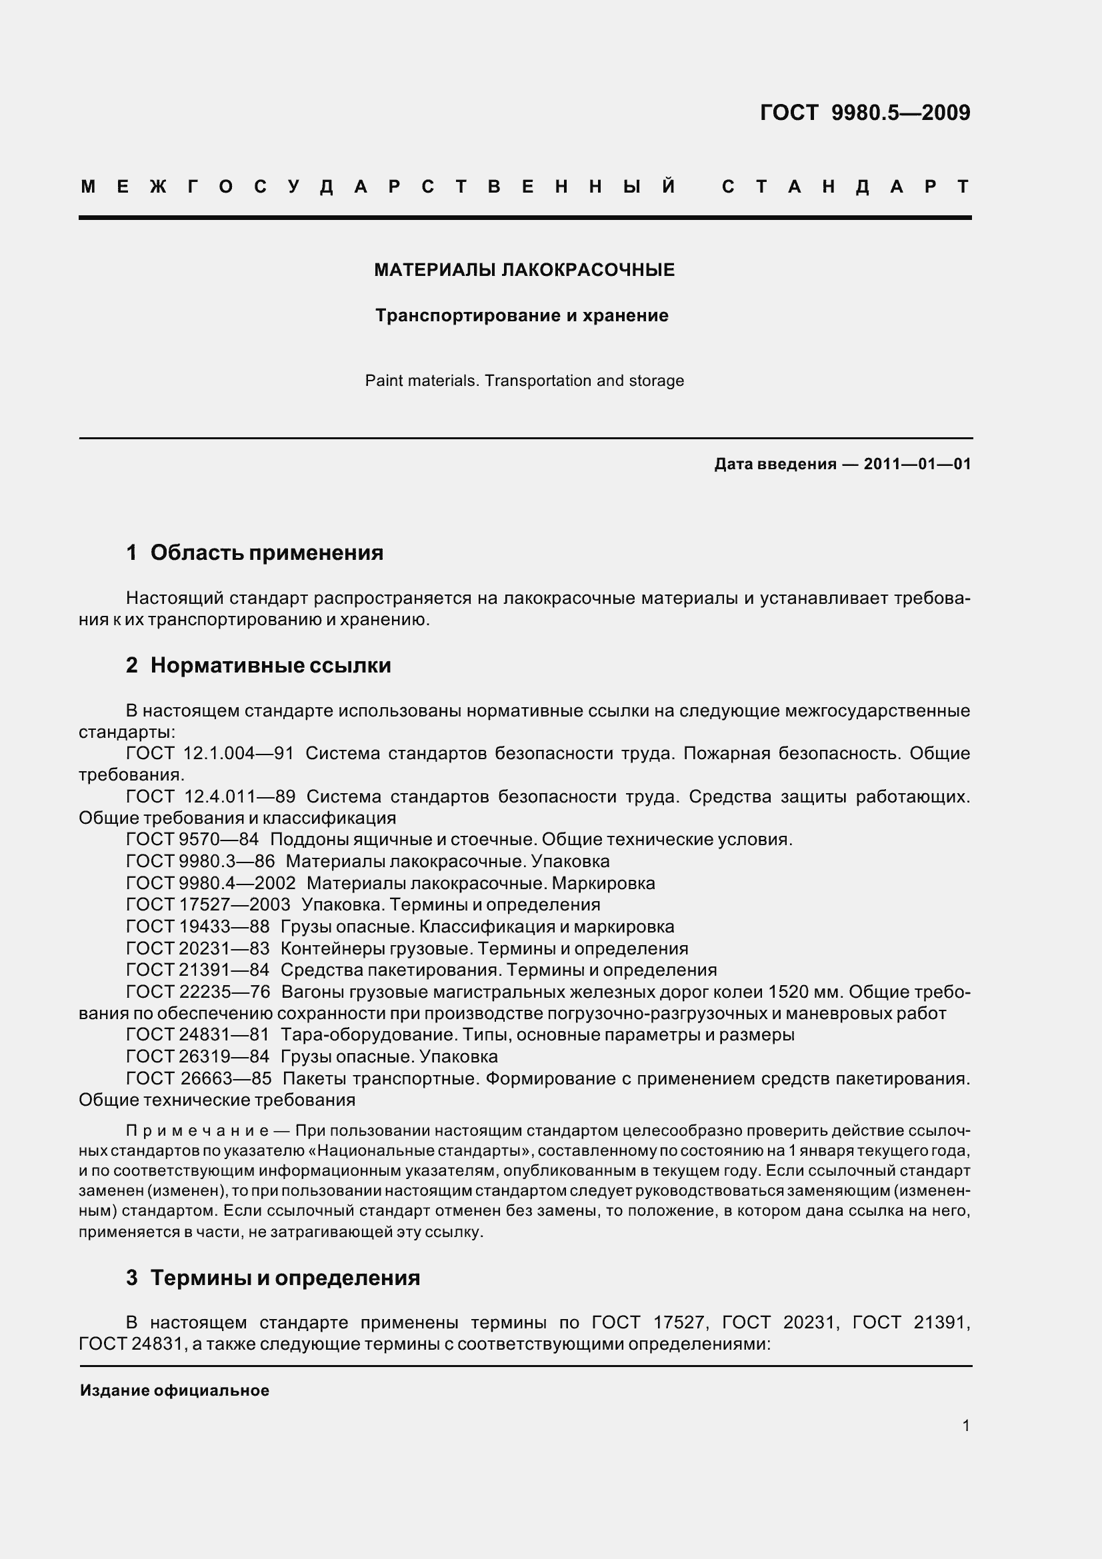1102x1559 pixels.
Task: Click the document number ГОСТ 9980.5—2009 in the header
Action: pos(865,113)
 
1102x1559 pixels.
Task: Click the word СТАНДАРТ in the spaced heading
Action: pos(845,187)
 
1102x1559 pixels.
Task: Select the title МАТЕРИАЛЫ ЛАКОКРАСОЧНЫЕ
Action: pos(524,270)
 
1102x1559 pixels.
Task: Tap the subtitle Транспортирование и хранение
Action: pos(522,316)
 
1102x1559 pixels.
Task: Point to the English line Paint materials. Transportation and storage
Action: pos(524,381)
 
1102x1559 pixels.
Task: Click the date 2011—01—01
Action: pos(917,465)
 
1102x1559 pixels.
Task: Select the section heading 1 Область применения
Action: pos(255,553)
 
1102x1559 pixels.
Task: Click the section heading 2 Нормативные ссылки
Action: pos(258,665)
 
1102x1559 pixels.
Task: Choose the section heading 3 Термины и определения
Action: pos(273,1278)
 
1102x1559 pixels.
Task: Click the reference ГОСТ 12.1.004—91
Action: pos(210,754)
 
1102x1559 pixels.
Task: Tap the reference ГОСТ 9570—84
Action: pos(192,840)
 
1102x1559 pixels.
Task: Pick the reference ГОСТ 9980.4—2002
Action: pos(211,883)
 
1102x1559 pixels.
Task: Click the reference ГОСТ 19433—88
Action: pos(197,927)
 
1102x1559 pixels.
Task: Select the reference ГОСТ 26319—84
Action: pos(197,1056)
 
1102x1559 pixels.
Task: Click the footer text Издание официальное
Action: pos(175,1390)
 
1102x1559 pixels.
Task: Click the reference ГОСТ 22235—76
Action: pos(197,992)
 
